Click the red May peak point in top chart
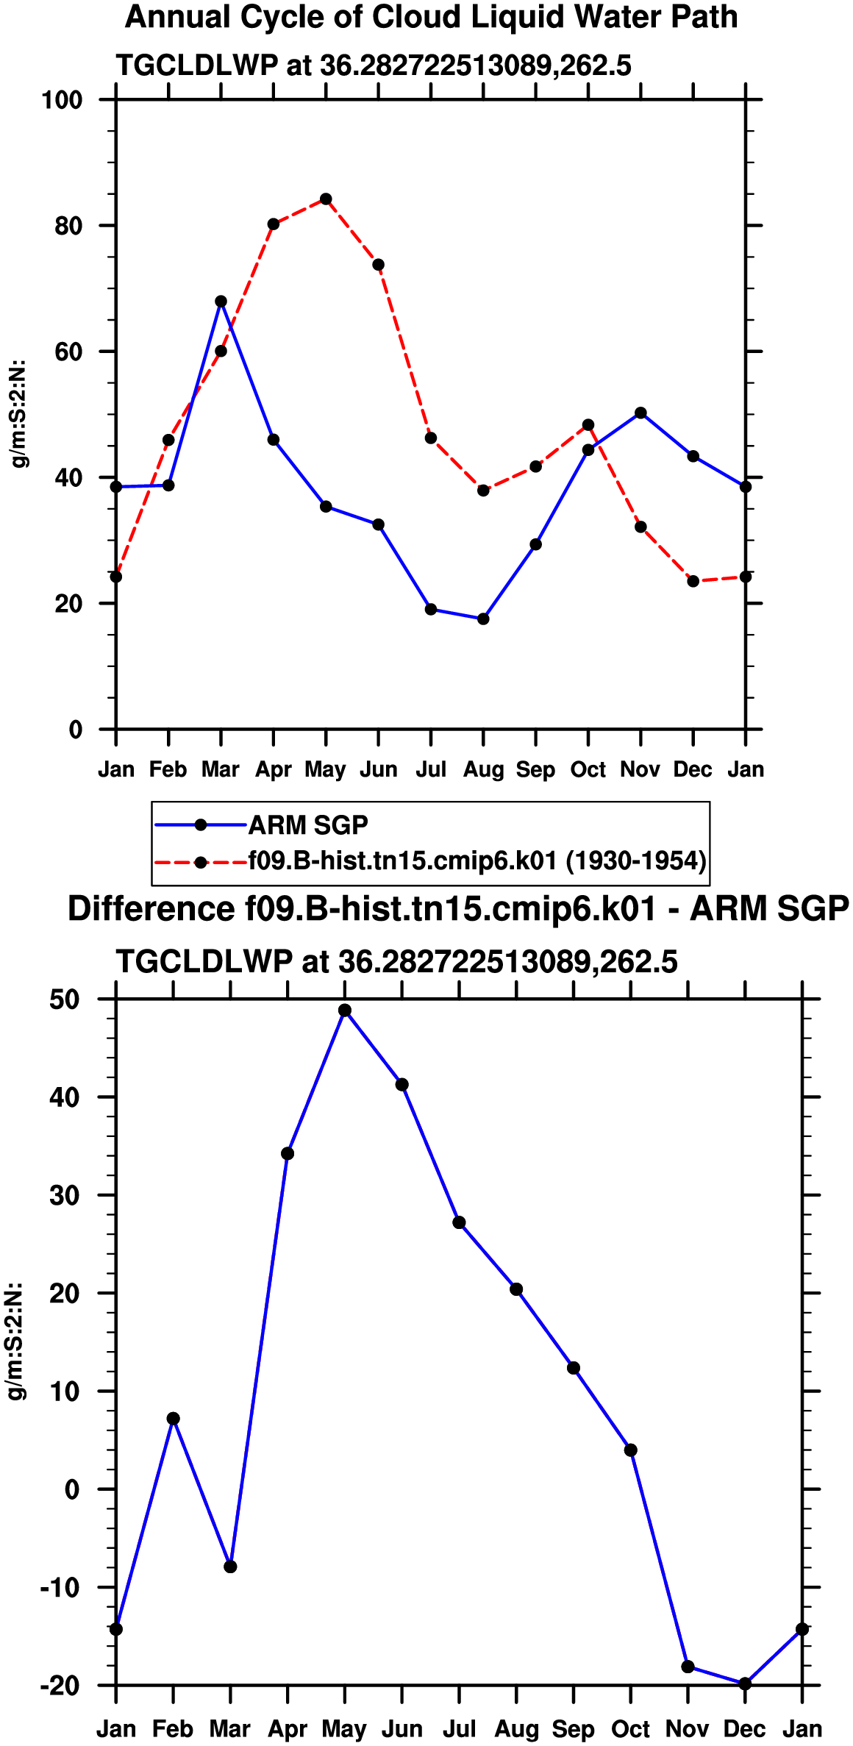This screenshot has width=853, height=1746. pos(326,199)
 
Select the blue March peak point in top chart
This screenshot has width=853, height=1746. pos(221,302)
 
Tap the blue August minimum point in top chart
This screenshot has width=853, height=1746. pos(483,619)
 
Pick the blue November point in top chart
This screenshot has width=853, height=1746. pos(640,413)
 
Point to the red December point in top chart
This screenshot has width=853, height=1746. pos(693,582)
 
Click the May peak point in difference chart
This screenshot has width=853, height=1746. pos(345,1011)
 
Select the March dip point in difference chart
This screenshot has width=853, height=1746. pos(230,1567)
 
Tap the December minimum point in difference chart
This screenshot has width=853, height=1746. pos(745,1684)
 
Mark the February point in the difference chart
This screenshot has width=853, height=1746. pos(173,1419)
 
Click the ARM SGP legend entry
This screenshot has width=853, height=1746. pos(308,825)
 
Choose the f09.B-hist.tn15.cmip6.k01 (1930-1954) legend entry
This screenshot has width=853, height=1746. pos(477,860)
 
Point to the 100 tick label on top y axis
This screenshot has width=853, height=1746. pos(62,99)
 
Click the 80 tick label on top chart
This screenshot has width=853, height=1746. pos(68,226)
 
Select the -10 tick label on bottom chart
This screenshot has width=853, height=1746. pos(60,1587)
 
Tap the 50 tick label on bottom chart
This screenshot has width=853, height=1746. pos(65,999)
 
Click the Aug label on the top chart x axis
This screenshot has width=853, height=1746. pos(483,770)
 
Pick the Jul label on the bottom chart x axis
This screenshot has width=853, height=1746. pos(459,1728)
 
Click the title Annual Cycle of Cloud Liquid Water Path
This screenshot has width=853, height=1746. pos(432,17)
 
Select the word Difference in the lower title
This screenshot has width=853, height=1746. pos(151,909)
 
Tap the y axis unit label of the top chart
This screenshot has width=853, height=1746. pos(20,413)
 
